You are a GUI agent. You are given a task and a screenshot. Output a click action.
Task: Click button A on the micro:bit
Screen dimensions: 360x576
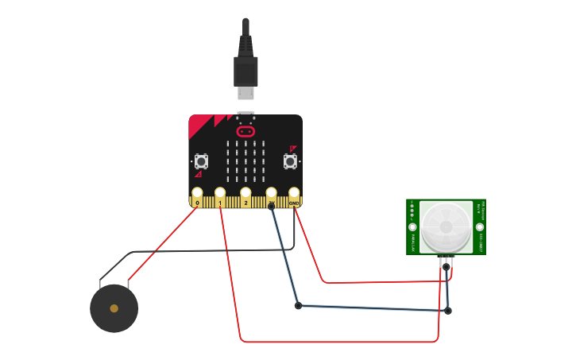pyautogui.click(x=201, y=161)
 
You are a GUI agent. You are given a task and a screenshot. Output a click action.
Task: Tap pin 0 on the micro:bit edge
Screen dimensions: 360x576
pyautogui.click(x=197, y=193)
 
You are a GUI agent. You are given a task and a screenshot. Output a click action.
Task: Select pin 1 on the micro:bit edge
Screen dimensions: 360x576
pyautogui.click(x=220, y=193)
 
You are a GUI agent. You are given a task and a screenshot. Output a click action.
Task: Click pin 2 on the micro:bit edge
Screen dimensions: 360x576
pyautogui.click(x=245, y=193)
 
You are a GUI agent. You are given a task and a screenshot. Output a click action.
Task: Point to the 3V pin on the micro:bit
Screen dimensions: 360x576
pyautogui.click(x=271, y=193)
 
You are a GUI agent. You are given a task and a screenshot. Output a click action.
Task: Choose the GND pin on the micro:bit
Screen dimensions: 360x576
pyautogui.click(x=294, y=193)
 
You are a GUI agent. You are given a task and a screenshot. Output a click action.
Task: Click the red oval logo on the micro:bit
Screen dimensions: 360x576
pyautogui.click(x=245, y=131)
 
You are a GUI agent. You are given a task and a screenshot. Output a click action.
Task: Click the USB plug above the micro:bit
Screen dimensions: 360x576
pyautogui.click(x=245, y=72)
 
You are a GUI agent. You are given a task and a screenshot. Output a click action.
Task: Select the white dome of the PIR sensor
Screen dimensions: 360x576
pyautogui.click(x=446, y=226)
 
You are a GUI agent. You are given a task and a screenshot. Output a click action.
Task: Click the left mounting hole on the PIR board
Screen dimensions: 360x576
pyautogui.click(x=412, y=227)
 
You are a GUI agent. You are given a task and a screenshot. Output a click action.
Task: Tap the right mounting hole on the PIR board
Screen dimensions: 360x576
pyautogui.click(x=480, y=227)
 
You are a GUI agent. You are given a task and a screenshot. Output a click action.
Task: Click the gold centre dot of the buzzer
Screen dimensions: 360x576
pyautogui.click(x=114, y=308)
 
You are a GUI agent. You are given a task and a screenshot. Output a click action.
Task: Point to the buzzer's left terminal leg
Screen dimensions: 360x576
pyautogui.click(x=100, y=282)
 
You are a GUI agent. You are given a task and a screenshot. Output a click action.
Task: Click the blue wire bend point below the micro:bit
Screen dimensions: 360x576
pyautogui.click(x=298, y=305)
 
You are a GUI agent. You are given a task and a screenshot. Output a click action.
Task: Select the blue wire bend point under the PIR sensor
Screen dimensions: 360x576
pyautogui.click(x=448, y=311)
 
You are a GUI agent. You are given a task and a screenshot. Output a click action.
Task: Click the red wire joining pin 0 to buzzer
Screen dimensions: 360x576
pyautogui.click(x=163, y=243)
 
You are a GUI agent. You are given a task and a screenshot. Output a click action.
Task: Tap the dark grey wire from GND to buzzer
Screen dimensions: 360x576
pyautogui.click(x=207, y=251)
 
